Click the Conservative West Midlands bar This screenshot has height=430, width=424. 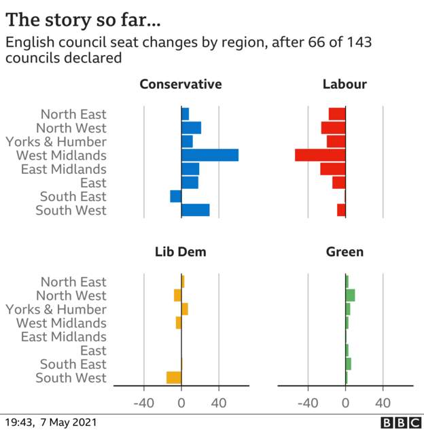tap(210, 156)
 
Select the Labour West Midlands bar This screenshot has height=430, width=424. tap(320, 156)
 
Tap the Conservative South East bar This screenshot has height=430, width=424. tap(176, 196)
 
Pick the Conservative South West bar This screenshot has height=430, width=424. tap(196, 210)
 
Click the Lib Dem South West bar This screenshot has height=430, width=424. tap(174, 378)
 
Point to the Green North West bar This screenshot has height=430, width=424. tap(351, 295)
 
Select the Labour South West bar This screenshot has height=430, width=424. tap(341, 210)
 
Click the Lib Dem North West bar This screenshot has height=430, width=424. tap(177, 295)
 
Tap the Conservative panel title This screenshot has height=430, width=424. tap(181, 84)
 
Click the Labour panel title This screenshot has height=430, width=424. tap(344, 84)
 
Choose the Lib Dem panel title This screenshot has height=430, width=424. tap(181, 252)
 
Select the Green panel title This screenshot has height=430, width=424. tap(344, 252)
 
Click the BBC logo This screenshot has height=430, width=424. tap(400, 423)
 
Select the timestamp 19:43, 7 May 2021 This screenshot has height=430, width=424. tap(51, 423)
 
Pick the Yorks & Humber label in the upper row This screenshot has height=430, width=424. tap(56, 142)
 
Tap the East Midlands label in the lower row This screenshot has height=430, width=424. tap(64, 337)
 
